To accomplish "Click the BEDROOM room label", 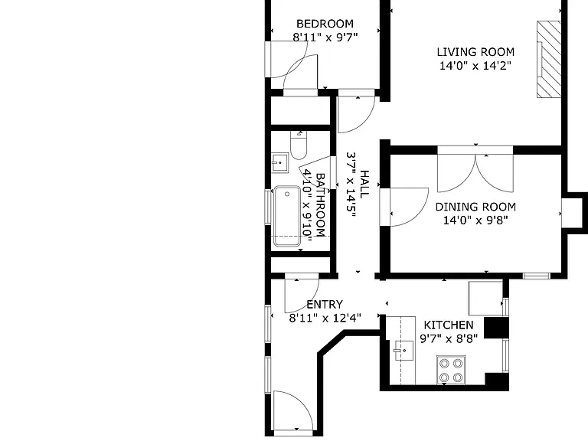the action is coord(325,24).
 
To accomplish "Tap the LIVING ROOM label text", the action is coord(475,52).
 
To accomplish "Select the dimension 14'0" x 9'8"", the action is coord(475,220).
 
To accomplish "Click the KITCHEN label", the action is coord(449,325).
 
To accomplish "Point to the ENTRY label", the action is coord(325,304).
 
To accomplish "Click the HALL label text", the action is coord(364,184).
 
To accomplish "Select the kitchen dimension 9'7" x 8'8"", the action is coord(449,338).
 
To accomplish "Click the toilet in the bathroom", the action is coord(299,145).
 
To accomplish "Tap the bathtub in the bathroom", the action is coord(287,217).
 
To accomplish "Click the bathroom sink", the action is coord(279,163).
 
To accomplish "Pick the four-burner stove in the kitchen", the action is coord(451,370).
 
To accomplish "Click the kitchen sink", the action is coord(403,351).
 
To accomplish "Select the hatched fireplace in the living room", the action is coord(549,59).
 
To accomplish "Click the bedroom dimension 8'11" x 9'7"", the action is coord(325,38).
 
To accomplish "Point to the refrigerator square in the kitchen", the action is coord(485,298).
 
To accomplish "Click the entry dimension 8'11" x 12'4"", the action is coord(325,318).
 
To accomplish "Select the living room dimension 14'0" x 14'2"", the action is coord(475,66).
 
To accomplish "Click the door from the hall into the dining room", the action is coord(404,207).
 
